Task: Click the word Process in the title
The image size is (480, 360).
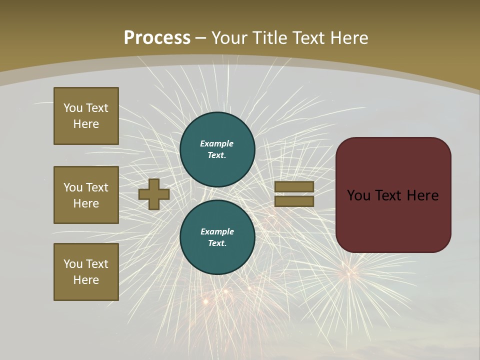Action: [157, 38]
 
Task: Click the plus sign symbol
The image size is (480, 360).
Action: [154, 194]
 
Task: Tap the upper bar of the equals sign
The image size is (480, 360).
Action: [294, 186]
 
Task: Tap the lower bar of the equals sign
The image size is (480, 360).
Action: [294, 201]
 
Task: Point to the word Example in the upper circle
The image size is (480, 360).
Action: [217, 143]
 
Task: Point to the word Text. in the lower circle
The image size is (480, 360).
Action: [217, 243]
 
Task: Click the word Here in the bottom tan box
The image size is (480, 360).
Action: [86, 280]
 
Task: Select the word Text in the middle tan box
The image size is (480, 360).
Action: [97, 187]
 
